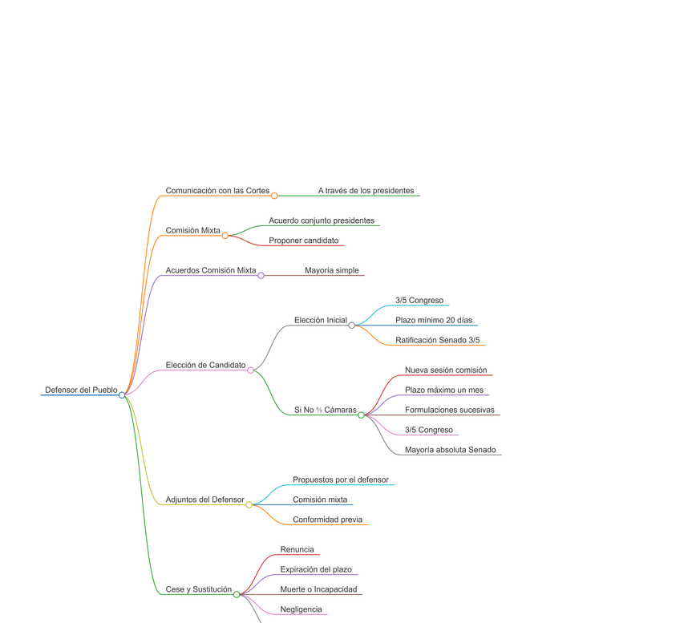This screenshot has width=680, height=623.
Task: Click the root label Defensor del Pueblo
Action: click(81, 390)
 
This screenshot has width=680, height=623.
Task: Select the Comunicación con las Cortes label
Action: click(217, 191)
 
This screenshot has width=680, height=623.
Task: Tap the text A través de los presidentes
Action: click(366, 191)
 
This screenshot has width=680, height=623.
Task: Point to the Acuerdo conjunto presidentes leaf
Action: click(322, 220)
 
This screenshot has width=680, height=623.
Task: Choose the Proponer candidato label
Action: click(304, 241)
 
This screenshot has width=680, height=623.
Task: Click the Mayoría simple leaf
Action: click(332, 270)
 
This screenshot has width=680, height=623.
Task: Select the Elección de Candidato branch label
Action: click(205, 366)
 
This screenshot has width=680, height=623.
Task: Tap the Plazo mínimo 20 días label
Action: click(434, 321)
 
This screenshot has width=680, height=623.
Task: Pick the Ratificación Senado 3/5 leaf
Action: click(438, 341)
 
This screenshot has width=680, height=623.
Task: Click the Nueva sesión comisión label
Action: click(446, 370)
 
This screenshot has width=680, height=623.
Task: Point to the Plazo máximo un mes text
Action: click(444, 390)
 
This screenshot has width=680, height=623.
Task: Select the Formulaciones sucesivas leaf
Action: click(450, 411)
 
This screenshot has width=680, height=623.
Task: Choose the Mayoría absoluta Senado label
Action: click(451, 450)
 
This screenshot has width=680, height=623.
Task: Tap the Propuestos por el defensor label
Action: click(341, 479)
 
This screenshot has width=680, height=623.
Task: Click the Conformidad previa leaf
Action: click(327, 520)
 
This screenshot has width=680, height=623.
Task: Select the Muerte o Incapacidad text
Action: click(318, 589)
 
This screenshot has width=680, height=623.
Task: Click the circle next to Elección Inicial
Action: click(351, 326)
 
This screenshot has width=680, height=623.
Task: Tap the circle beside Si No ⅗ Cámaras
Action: click(361, 415)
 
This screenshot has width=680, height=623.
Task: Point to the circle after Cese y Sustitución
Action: click(236, 594)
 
